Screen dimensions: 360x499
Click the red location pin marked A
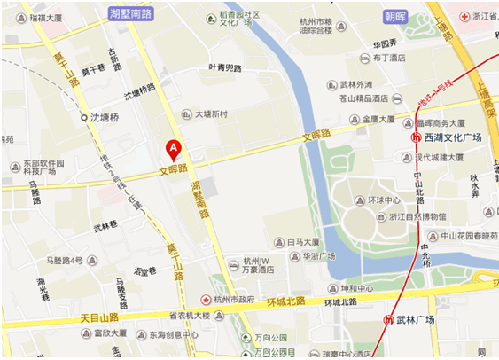(174, 148)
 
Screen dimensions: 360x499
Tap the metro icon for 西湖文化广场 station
(416, 137)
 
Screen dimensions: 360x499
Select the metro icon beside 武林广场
(387, 320)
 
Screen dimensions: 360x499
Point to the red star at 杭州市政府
(207, 301)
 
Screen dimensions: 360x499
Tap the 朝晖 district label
(396, 16)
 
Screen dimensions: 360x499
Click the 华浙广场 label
(320, 256)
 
